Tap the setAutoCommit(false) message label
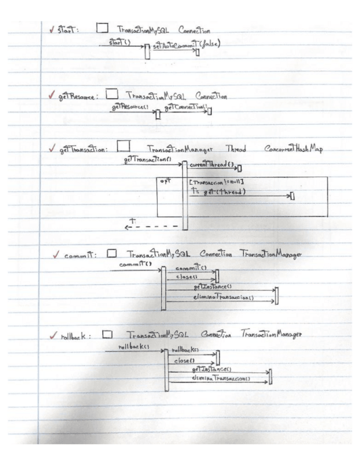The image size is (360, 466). click(x=182, y=43)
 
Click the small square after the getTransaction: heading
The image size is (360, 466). click(x=123, y=146)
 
